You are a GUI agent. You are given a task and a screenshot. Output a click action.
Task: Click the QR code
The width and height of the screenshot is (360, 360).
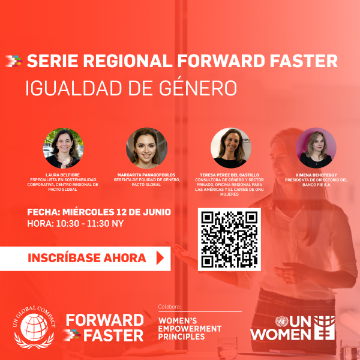tap(229, 239)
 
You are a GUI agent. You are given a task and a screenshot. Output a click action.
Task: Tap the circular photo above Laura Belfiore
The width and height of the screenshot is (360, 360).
tap(63, 148)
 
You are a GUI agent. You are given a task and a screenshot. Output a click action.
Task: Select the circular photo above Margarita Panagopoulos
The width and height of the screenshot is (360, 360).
tap(146, 148)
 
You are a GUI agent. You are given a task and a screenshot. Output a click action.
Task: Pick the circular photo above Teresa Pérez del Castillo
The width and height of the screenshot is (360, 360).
tap(231, 148)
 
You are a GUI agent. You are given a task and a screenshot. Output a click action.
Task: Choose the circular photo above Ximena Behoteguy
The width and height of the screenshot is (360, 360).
tap(316, 148)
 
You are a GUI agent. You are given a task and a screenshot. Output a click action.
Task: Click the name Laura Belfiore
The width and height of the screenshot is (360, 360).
tap(62, 175)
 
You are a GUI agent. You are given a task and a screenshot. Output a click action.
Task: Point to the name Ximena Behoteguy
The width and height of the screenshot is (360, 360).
tap(316, 175)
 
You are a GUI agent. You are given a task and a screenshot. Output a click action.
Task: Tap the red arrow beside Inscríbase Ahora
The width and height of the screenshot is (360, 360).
tap(160, 258)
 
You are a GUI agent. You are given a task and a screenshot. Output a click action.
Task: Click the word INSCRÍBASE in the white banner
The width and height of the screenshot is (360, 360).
tap(64, 258)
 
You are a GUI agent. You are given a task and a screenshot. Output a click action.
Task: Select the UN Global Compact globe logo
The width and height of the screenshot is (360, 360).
tap(34, 327)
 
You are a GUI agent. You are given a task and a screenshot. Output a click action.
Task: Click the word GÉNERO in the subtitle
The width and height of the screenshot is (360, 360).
tap(198, 88)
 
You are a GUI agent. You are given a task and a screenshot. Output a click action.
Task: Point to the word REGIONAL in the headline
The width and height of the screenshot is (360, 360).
tap(128, 61)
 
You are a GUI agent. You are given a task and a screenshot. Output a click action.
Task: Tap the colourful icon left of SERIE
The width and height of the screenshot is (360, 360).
tap(14, 61)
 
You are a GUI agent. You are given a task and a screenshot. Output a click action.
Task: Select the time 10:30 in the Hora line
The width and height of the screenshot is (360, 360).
tap(67, 223)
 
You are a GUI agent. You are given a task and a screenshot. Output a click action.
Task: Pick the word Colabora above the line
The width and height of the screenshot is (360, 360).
tap(169, 307)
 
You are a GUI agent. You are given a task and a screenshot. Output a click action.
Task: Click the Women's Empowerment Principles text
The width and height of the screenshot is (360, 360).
tap(190, 329)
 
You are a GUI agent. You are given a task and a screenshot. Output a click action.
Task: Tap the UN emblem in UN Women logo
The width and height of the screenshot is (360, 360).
tap(282, 322)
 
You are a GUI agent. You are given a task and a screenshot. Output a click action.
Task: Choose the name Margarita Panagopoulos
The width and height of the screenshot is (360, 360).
tap(146, 175)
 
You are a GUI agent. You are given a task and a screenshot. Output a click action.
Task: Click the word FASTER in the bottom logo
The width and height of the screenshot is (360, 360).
tap(113, 335)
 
